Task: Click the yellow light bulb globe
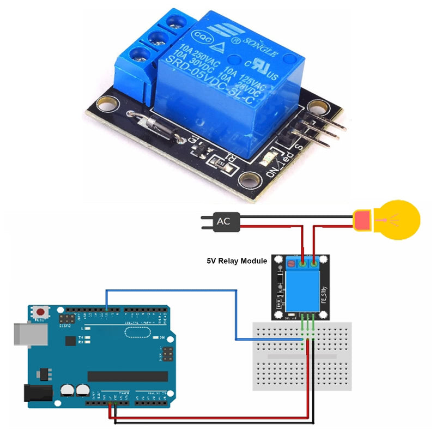tap(400, 220)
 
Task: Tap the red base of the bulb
tap(361, 220)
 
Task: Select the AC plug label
tap(223, 221)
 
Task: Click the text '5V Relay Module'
tap(236, 261)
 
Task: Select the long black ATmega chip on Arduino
tap(128, 376)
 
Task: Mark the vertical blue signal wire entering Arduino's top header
tap(106, 300)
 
